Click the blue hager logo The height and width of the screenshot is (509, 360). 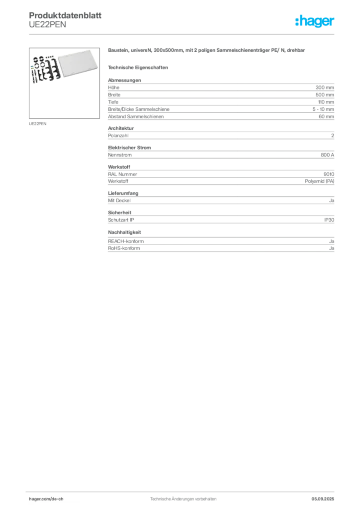(x=315, y=22)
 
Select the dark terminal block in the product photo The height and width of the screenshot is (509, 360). (x=43, y=70)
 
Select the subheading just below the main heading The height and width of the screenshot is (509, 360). (x=139, y=67)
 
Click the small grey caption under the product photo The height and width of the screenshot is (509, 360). (x=38, y=123)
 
